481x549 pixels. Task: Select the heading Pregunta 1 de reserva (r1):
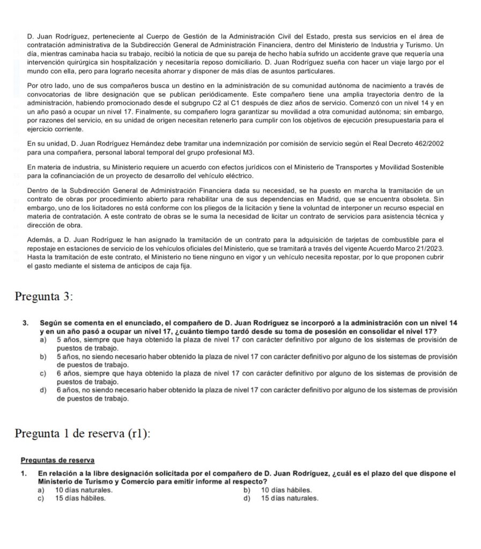pyautogui.click(x=83, y=433)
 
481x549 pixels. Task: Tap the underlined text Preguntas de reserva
pyautogui.click(x=57, y=460)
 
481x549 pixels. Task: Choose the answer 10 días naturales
pyautogui.click(x=84, y=489)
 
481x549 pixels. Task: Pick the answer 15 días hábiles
pyautogui.click(x=80, y=498)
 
